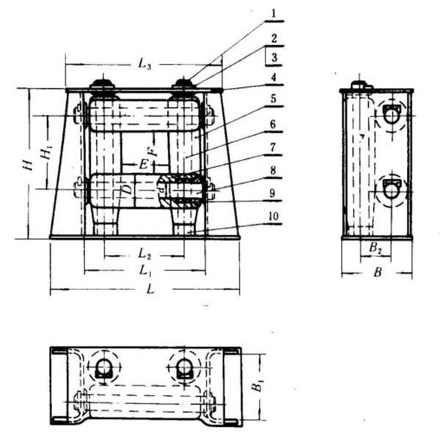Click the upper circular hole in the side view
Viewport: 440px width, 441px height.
click(392, 114)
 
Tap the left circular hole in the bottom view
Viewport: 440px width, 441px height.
click(103, 366)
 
